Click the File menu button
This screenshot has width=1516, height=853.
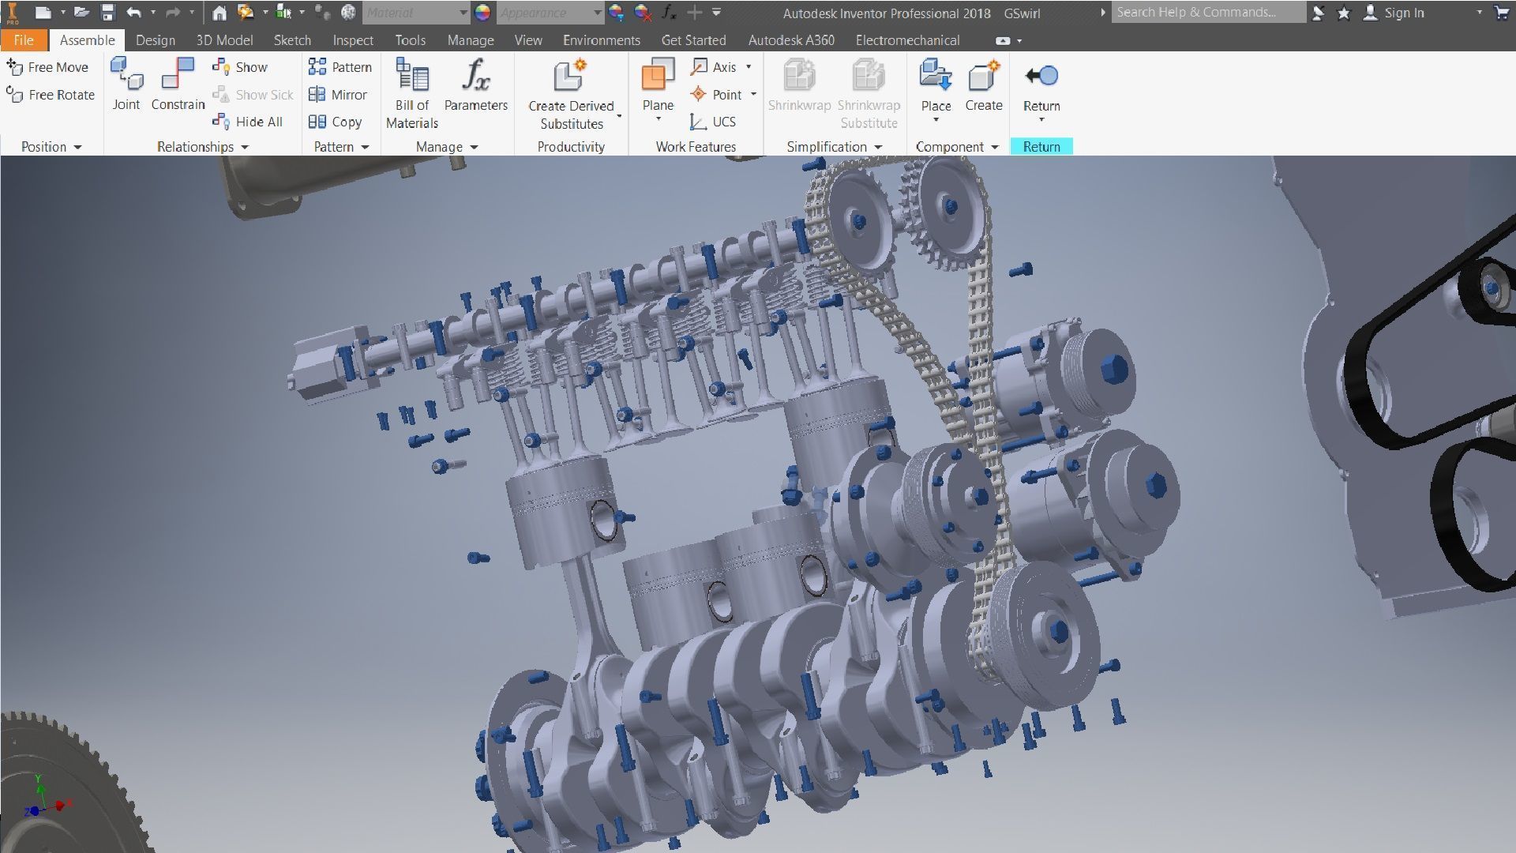[x=24, y=40]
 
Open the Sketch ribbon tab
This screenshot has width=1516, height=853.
[x=292, y=40]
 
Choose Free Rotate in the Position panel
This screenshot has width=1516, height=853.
[x=51, y=95]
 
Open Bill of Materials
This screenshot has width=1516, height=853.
[x=412, y=93]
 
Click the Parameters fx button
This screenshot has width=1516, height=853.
[x=475, y=85]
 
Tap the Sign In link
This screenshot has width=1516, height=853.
[x=1403, y=13]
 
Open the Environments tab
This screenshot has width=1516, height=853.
[x=602, y=40]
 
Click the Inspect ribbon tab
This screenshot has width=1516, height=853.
[x=353, y=40]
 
